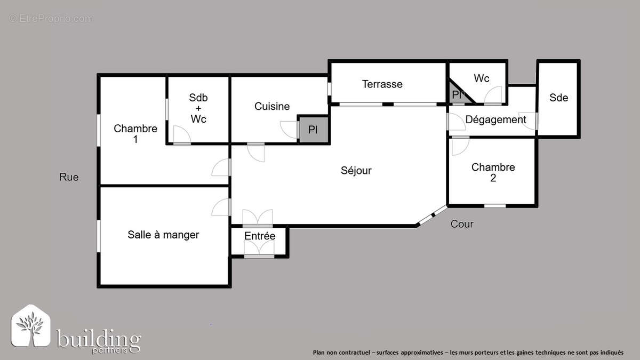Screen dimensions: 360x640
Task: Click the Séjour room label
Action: [x=356, y=171]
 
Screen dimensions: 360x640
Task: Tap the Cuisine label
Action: [x=272, y=106]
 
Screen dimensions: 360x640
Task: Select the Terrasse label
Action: [x=382, y=84]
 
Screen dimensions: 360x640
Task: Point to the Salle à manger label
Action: [x=163, y=235]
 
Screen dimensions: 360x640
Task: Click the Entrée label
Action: [x=260, y=236]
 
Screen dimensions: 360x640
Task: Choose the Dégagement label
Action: [x=495, y=119]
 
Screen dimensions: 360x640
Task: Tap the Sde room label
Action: [x=558, y=98]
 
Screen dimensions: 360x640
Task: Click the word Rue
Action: [x=69, y=177]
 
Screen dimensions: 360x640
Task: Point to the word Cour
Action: [x=462, y=224]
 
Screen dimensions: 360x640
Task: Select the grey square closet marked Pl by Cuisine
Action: [x=313, y=130]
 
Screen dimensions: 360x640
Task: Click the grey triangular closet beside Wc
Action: [x=458, y=94]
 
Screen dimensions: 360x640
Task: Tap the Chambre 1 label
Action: [x=135, y=133]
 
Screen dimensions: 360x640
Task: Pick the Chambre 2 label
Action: [x=493, y=172]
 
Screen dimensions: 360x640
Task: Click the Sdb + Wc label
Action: [x=198, y=108]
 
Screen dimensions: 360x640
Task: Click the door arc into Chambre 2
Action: [x=459, y=146]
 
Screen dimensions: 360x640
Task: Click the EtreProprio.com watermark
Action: [x=51, y=19]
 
